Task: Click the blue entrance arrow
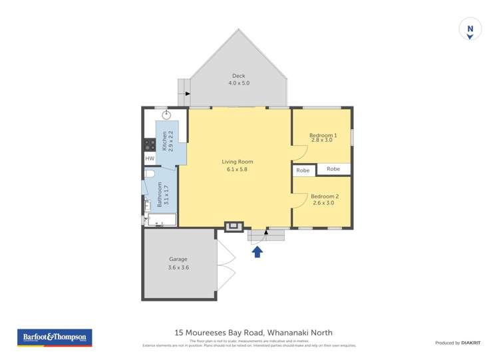tap(257, 251)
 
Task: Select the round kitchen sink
tap(166, 115)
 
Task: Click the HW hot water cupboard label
tap(150, 158)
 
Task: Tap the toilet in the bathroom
tap(150, 174)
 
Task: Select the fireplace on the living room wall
tap(234, 227)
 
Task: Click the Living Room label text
tap(238, 162)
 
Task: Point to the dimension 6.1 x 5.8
tap(238, 170)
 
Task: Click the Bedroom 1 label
tap(323, 135)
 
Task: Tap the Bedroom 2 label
tap(324, 196)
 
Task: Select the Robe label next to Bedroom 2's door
tap(303, 170)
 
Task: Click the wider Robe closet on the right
tap(333, 169)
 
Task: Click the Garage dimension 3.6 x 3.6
tap(178, 268)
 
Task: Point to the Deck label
tap(238, 76)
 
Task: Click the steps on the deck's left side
tap(184, 89)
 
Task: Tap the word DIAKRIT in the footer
tap(471, 343)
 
